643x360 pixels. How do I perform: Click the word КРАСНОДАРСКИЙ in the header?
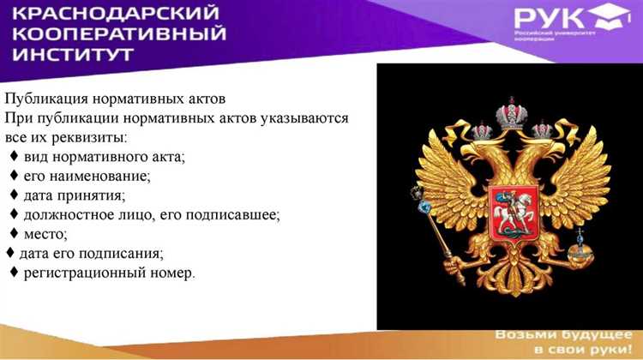click(118, 15)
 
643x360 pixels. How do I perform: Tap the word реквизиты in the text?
click(87, 136)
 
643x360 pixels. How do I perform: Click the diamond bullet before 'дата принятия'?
click(15, 195)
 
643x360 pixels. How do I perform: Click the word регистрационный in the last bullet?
click(87, 273)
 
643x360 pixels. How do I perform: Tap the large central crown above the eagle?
click(511, 111)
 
